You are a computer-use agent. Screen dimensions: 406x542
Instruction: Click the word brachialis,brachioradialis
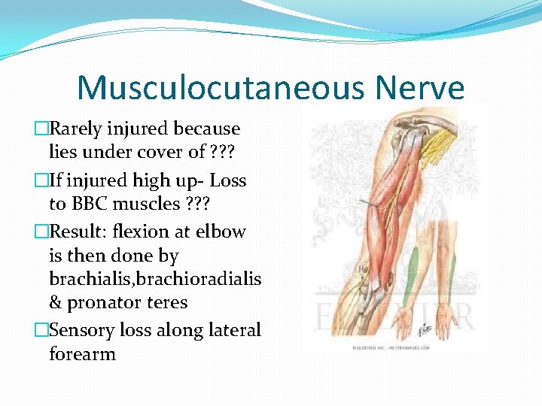pos(154,278)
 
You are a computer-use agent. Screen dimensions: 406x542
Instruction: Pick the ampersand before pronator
pos(55,303)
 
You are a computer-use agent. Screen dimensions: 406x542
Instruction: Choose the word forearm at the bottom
pos(82,353)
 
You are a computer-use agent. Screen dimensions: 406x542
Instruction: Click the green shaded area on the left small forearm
pos(411,274)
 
